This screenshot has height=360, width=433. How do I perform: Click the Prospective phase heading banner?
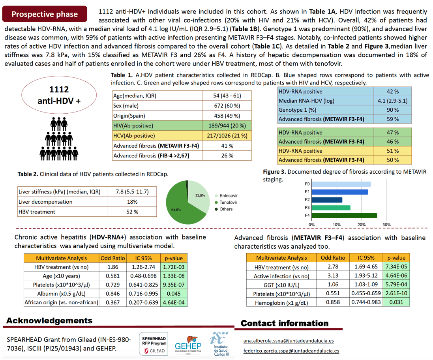click(45, 14)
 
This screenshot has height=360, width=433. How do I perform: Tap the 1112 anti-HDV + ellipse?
click(59, 95)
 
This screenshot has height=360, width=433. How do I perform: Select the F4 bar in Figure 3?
click(344, 216)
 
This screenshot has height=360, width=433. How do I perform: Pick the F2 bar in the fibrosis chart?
click(327, 200)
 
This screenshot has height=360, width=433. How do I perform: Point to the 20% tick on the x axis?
click(362, 225)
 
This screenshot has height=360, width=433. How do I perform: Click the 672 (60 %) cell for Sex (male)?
click(227, 106)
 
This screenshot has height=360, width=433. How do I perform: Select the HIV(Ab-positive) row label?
click(133, 126)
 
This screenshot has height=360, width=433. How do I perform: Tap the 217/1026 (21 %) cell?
click(227, 135)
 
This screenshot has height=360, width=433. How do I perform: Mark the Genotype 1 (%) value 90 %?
click(393, 110)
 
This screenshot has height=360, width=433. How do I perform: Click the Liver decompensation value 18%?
click(132, 202)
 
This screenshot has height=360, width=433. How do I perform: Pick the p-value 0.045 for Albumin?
click(174, 293)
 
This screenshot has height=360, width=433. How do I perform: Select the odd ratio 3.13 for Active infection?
click(333, 276)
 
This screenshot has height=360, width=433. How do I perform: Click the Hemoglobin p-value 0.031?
click(396, 302)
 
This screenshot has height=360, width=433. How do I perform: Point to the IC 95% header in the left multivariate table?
click(143, 258)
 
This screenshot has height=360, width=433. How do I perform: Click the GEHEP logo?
click(188, 345)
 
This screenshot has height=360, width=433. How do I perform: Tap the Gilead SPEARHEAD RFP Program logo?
click(154, 344)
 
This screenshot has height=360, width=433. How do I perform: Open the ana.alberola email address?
click(289, 341)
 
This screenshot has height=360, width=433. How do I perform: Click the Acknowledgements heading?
click(49, 321)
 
